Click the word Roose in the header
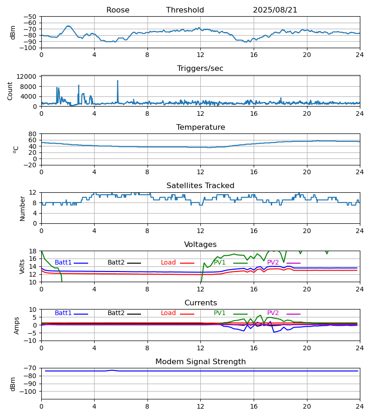tap(118, 10)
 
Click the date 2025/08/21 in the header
tap(275, 10)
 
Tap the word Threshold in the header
tap(185, 10)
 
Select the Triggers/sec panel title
tap(200, 69)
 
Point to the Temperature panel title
tap(200, 127)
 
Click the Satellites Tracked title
tap(200, 186)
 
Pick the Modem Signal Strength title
tap(200, 362)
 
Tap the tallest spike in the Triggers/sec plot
tap(118, 81)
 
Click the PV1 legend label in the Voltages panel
tap(220, 263)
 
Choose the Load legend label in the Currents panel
tap(168, 313)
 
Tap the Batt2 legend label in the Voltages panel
tap(116, 263)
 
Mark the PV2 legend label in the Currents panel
tap(273, 313)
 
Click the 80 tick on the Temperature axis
tap(33, 134)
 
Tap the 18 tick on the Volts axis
tap(33, 251)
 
